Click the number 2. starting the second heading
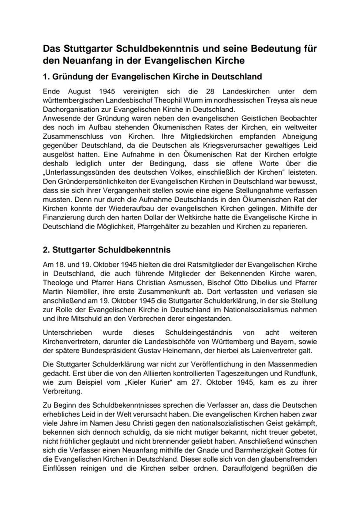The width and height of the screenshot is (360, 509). coord(47,250)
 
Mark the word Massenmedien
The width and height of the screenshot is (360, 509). coord(296,363)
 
